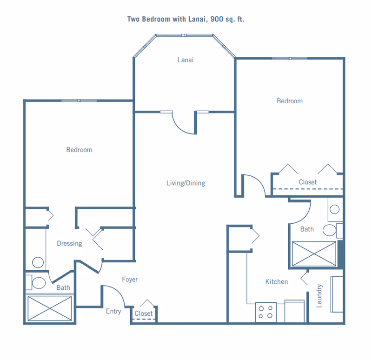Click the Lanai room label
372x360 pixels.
(x=186, y=60)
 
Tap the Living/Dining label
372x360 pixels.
(x=186, y=183)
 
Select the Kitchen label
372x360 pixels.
(x=277, y=282)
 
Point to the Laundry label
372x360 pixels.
(x=319, y=296)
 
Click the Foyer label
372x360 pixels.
(x=130, y=280)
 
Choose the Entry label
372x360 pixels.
(x=113, y=311)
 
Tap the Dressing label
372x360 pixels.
(x=69, y=243)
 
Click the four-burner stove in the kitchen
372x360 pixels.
(x=266, y=312)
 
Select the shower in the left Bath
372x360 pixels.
(x=50, y=308)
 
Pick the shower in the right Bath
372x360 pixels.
(x=314, y=254)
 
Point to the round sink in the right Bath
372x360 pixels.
(x=334, y=209)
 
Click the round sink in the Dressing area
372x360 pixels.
(x=38, y=262)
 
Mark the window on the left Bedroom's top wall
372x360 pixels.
(x=79, y=100)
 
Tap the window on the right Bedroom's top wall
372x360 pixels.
(x=289, y=59)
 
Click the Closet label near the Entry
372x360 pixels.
(x=144, y=313)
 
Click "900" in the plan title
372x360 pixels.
(x=217, y=19)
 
